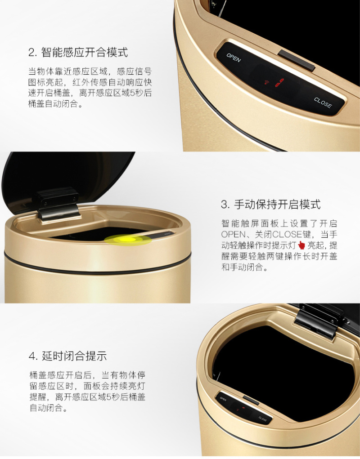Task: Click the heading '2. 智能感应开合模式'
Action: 78,53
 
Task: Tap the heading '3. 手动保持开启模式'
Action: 270,205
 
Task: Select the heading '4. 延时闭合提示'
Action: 67,356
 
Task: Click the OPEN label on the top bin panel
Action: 234,58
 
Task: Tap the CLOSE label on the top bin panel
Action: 323,102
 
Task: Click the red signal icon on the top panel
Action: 266,82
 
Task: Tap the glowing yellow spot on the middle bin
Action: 128,240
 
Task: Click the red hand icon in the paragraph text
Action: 301,245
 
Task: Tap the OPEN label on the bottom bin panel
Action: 223,399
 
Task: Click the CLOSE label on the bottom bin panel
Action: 263,419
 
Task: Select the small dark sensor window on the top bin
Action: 296,61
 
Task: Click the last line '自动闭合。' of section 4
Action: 49,407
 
